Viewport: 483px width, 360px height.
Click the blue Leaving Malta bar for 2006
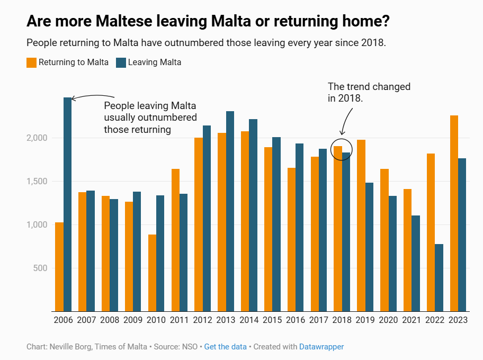67,204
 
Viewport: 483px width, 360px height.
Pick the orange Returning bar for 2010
153,273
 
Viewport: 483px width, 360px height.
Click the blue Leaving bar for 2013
230,211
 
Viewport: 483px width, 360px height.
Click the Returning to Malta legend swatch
32,62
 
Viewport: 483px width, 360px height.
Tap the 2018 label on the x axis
342,320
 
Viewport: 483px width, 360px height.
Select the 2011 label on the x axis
180,320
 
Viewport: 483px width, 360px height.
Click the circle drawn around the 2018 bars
341,150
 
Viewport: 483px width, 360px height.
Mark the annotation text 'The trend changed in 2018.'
369,92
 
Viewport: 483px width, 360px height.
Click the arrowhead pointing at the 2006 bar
74,98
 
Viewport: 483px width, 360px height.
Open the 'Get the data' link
225,347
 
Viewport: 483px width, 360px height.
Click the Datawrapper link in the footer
321,347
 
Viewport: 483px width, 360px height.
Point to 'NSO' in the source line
189,347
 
